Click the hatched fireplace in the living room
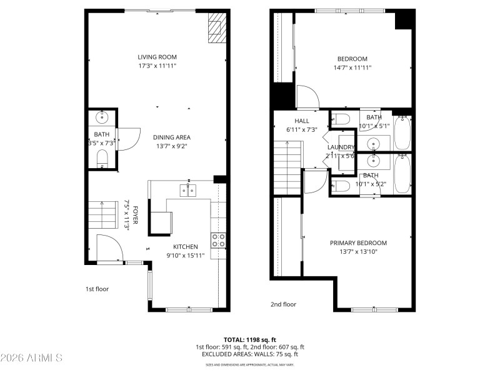click(216, 28)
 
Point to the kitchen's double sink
click(188, 190)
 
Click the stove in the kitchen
click(218, 240)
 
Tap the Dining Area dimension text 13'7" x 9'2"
click(171, 146)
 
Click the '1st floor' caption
click(98, 289)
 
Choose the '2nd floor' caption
click(283, 304)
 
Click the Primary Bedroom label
click(358, 243)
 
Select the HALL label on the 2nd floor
click(302, 121)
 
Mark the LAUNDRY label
click(341, 147)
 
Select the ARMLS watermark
click(31, 357)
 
